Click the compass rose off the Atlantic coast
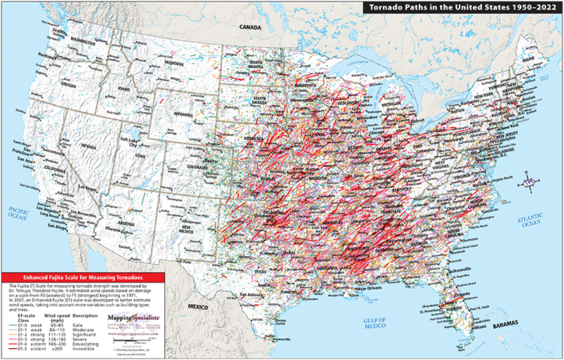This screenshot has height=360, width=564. click(529, 184)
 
